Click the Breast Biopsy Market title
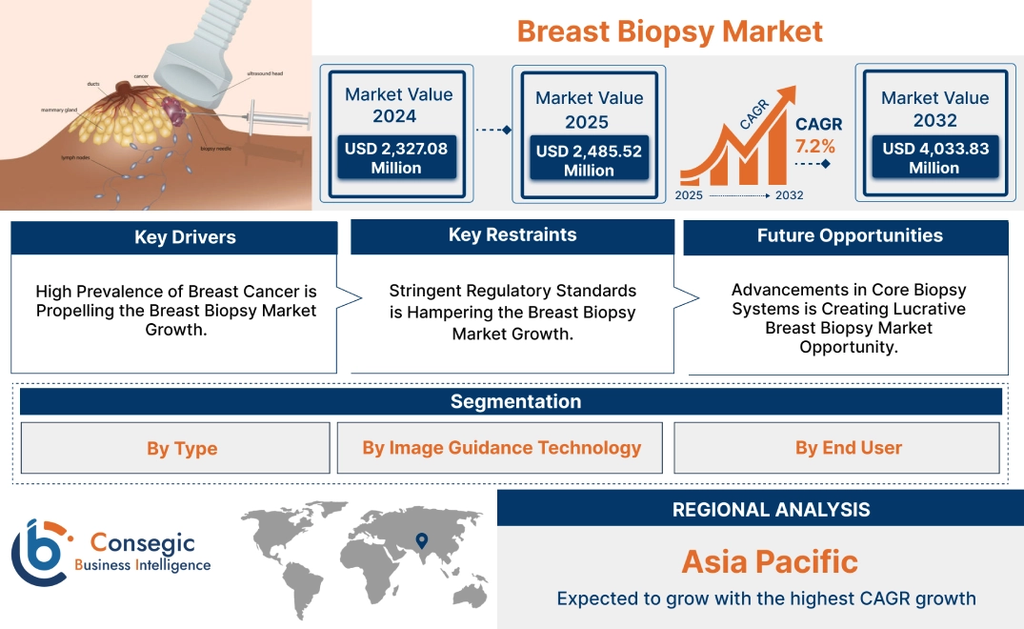669,30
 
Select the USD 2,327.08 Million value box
396,157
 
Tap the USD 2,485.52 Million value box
589,160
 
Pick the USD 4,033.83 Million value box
934,157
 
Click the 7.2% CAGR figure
815,146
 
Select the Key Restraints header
512,235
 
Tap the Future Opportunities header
850,235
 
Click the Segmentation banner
515,401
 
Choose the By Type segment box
181,448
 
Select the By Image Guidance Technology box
501,448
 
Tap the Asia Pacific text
770,561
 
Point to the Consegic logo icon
40,553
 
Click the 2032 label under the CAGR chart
789,195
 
